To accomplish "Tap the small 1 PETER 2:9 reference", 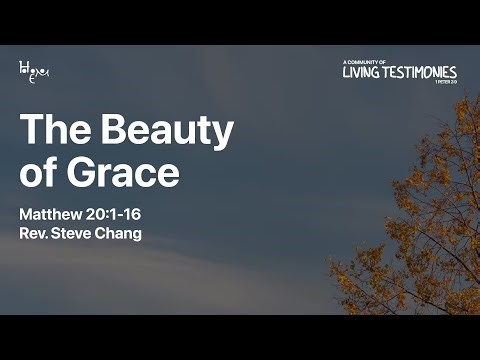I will tap(445, 83).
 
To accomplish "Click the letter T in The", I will tap(31, 131).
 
